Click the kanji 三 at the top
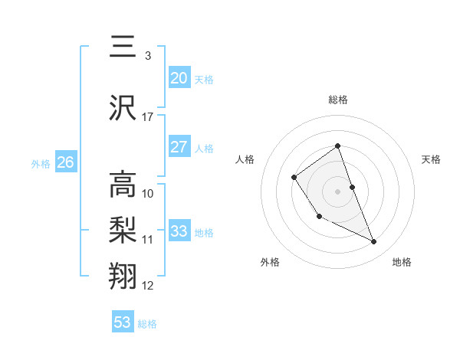[x=123, y=47]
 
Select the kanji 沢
[x=123, y=108]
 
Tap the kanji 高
[x=123, y=185]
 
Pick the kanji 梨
[x=123, y=230]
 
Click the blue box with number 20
[x=179, y=78]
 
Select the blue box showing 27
[x=179, y=147]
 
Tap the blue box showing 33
[x=179, y=231]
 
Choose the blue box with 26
[x=66, y=162]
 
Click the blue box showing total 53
[x=123, y=322]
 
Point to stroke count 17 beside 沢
[x=148, y=117]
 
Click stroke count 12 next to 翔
[x=148, y=286]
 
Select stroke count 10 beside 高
[x=148, y=193]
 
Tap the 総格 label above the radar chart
[x=338, y=100]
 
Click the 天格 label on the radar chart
[x=431, y=159]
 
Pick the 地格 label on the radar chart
[x=402, y=262]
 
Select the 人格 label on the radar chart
[x=245, y=159]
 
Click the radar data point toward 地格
[x=374, y=242]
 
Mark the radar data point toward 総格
[x=337, y=146]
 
